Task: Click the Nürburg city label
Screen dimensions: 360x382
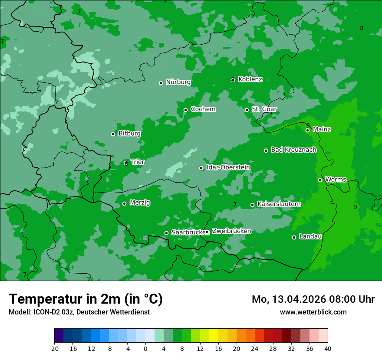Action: point(178,82)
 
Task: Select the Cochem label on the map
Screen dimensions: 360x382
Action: point(203,109)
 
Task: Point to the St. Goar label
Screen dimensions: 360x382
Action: point(264,109)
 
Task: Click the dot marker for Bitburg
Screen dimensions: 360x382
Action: point(113,134)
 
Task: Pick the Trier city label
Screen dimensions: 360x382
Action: point(138,162)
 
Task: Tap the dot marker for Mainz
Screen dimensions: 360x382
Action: point(307,130)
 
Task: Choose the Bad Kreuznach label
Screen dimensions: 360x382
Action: point(293,150)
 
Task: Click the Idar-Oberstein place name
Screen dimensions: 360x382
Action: point(228,167)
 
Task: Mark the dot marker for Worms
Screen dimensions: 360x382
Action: point(320,180)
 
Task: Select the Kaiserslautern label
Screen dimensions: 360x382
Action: point(279,204)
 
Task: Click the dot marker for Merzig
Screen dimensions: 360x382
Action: point(124,203)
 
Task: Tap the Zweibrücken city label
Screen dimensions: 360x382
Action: point(231,231)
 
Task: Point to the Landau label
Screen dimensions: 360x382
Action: point(310,237)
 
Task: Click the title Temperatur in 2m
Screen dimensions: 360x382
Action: point(86,299)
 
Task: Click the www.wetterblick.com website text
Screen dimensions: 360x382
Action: point(313,312)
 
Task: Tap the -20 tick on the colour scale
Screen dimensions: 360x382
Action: point(54,349)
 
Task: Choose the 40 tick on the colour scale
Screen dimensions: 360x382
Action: point(328,349)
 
